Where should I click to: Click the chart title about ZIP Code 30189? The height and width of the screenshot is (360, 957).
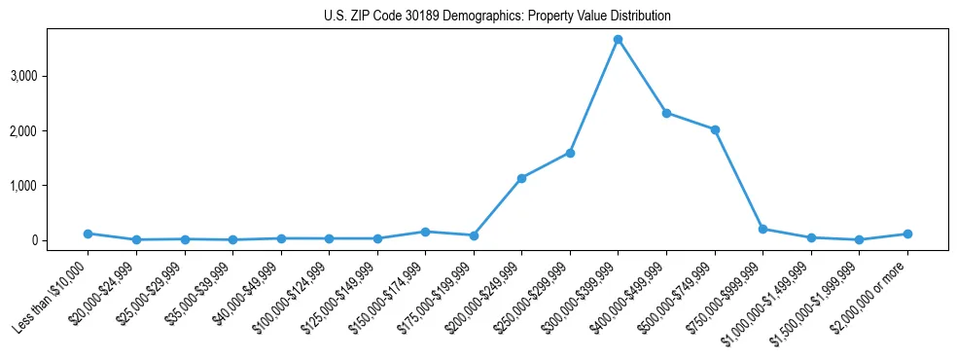[497, 17]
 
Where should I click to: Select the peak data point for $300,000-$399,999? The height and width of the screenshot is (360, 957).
[618, 39]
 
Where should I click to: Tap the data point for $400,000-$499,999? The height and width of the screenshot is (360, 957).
[666, 113]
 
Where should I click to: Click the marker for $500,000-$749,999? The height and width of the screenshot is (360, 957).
[715, 129]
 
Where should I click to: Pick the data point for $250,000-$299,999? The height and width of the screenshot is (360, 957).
[570, 153]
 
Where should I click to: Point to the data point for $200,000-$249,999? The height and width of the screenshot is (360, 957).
[521, 178]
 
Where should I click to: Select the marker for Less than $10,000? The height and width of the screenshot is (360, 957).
[88, 234]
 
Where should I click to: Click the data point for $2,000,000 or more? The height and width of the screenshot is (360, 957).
[907, 234]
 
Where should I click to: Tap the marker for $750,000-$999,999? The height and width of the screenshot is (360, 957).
[762, 229]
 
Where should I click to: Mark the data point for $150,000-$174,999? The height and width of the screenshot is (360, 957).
[425, 232]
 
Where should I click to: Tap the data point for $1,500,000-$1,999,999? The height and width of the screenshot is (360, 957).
[859, 239]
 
